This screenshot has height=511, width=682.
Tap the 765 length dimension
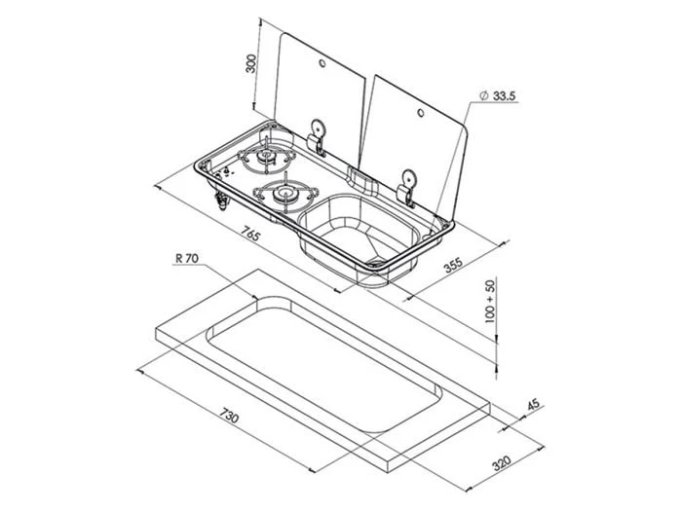pyautogui.click(x=250, y=235)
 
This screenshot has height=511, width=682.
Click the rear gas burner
pyautogui.click(x=265, y=159)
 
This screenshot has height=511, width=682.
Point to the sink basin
pyautogui.click(x=356, y=234)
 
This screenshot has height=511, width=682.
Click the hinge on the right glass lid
pyautogui.click(x=407, y=182)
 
